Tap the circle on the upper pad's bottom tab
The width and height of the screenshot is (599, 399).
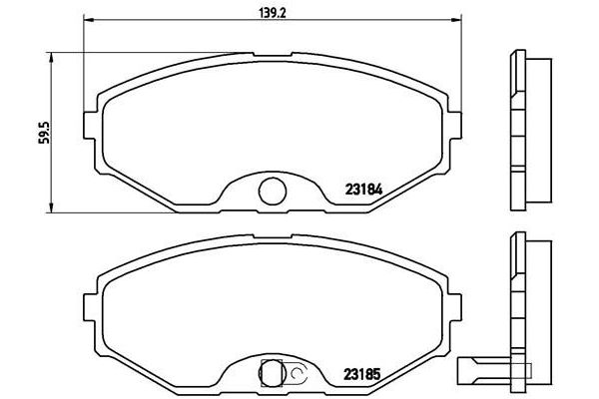pyautogui.click(x=269, y=190)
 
